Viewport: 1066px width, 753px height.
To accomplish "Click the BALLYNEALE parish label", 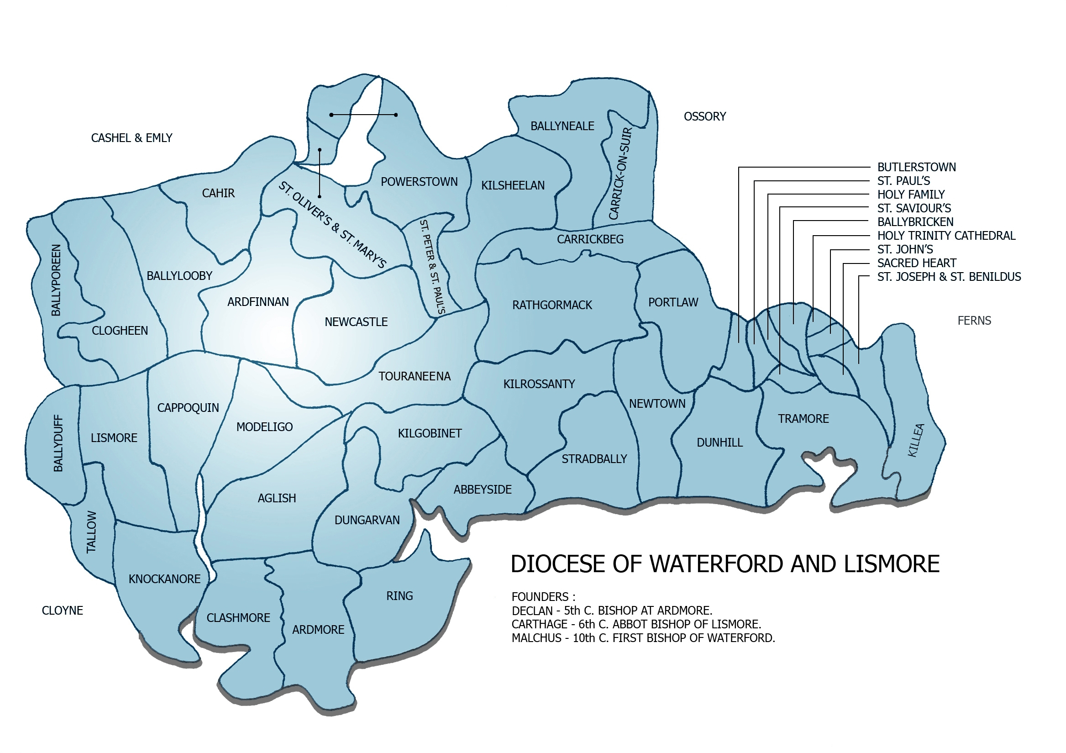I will tap(562, 126).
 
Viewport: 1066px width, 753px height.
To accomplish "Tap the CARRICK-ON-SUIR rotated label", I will tap(620, 173).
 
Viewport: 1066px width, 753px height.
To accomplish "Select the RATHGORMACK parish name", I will tap(551, 305).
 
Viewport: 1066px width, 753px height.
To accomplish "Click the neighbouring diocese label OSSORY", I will tap(704, 116).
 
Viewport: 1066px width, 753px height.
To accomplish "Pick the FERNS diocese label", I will tap(974, 321).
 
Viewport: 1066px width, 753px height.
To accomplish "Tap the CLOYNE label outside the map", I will tap(62, 611).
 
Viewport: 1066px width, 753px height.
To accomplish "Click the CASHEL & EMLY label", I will tap(131, 138).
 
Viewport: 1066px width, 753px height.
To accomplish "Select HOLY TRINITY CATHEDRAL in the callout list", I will tap(946, 236).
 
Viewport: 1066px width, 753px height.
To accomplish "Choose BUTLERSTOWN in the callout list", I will tap(916, 167).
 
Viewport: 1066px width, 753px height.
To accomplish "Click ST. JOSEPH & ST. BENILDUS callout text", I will tap(949, 277).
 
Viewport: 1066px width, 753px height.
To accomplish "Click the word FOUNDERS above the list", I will tap(540, 596).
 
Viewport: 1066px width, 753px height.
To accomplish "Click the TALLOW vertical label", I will tap(91, 532).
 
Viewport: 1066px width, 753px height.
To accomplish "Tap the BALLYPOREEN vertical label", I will tap(56, 280).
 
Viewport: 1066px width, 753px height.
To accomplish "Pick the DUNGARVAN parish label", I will tap(367, 520).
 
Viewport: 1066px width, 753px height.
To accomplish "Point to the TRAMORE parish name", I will tap(803, 419).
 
